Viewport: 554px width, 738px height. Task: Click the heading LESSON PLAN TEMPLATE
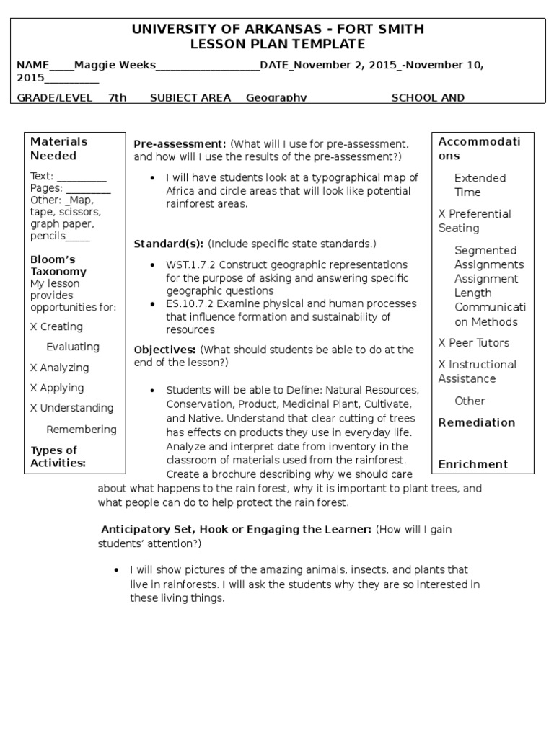(278, 44)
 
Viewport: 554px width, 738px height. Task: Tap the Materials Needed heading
(58, 148)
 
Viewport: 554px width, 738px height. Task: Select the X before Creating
(34, 326)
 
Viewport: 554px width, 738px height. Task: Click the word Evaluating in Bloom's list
(73, 347)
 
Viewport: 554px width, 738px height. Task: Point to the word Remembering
(82, 430)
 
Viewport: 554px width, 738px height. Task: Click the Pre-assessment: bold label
(180, 143)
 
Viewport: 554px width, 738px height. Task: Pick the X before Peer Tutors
(442, 343)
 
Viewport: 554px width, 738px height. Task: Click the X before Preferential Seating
(442, 214)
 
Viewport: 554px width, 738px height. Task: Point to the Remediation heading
(477, 422)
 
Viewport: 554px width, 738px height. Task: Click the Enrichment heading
(473, 464)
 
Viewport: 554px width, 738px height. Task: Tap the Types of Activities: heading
(58, 456)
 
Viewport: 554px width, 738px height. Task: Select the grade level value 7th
(118, 98)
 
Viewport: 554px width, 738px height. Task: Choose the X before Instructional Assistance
(442, 365)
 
